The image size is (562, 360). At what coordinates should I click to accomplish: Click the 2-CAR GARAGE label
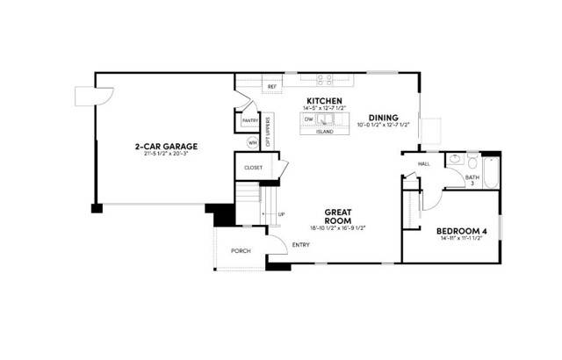[165, 145]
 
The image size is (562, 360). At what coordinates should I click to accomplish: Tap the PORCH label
[241, 251]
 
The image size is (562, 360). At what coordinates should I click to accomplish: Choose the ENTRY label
[300, 245]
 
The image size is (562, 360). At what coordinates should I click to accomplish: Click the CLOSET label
[254, 166]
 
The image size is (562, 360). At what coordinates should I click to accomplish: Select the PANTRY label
[249, 120]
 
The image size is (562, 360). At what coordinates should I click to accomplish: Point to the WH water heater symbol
[253, 141]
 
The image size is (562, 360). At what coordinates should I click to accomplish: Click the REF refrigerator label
[271, 87]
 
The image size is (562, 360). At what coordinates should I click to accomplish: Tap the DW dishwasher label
[308, 118]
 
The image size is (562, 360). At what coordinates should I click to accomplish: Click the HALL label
[423, 163]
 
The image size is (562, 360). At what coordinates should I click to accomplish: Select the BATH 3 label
[472, 180]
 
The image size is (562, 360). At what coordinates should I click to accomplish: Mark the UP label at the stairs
[281, 214]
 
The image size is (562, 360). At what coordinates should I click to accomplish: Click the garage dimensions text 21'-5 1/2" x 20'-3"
[165, 154]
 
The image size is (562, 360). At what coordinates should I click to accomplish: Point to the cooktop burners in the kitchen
[323, 78]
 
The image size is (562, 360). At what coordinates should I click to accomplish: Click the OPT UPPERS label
[269, 131]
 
